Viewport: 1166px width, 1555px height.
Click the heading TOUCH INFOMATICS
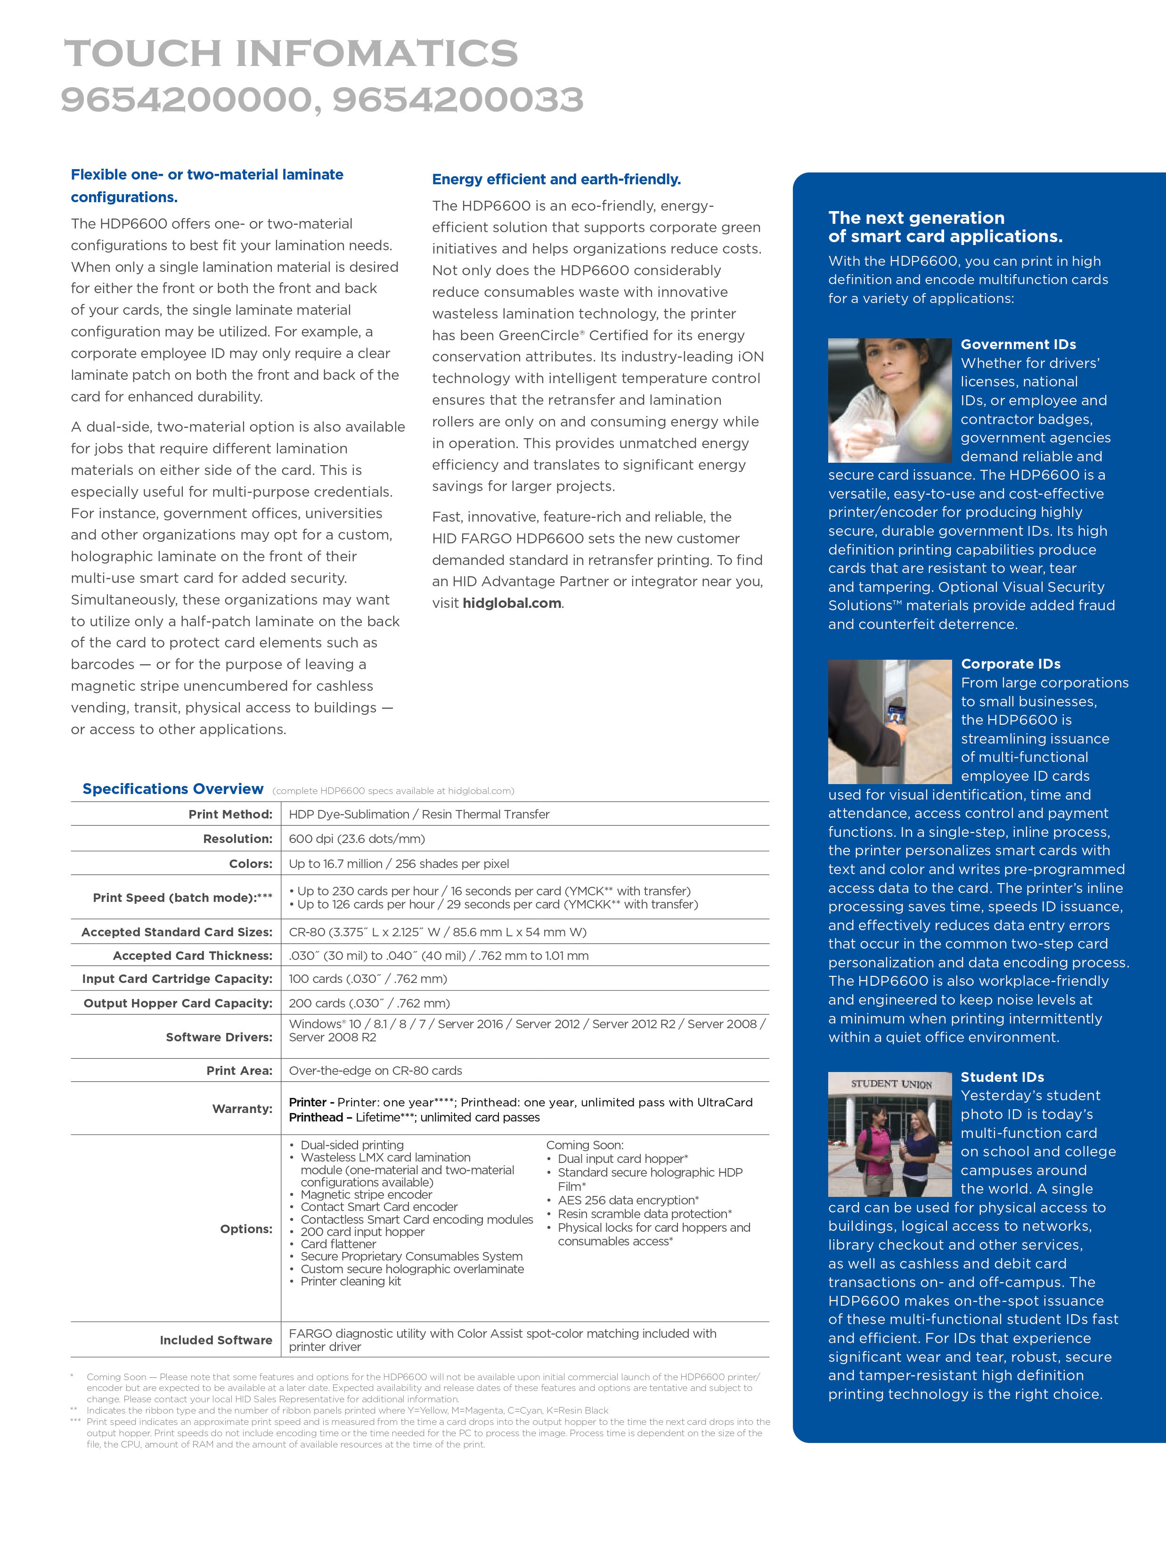click(291, 53)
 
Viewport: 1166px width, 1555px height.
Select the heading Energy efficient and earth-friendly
click(556, 179)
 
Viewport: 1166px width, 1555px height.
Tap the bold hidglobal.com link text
click(512, 603)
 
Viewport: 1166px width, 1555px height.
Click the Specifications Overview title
click(173, 789)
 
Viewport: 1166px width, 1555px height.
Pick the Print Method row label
click(230, 814)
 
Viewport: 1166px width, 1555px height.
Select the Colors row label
click(250, 863)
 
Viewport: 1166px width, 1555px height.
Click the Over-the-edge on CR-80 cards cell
click(375, 1071)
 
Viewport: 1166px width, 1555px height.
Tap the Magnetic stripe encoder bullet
click(366, 1195)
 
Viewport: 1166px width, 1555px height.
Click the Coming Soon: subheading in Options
click(585, 1145)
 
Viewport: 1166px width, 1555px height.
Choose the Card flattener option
click(338, 1244)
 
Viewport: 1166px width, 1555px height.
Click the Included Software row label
click(216, 1340)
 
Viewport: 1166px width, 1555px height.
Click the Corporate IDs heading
click(1011, 663)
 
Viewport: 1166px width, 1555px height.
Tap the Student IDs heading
click(1002, 1077)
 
